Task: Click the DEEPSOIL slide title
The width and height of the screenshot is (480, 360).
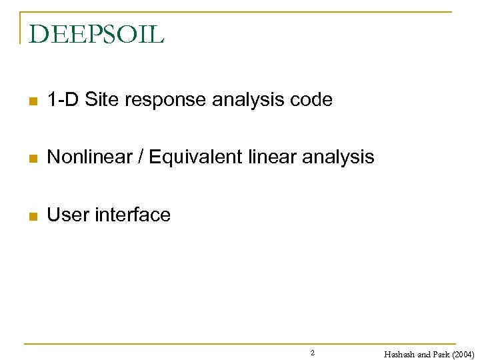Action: (97, 34)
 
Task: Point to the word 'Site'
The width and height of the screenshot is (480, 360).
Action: (101, 100)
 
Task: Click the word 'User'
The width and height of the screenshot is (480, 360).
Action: (67, 215)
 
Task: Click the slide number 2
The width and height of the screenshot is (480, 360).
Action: (313, 352)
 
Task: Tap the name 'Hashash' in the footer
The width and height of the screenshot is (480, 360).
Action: (399, 355)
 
